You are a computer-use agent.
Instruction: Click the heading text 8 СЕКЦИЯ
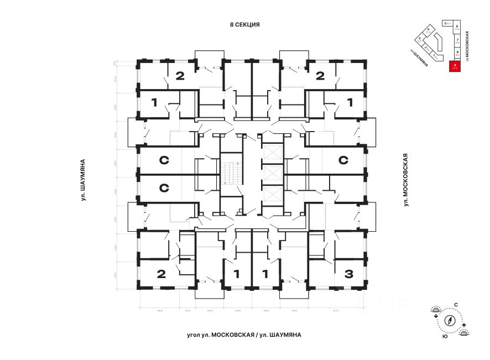pyautogui.click(x=244, y=25)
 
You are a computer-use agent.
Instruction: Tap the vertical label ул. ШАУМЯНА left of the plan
pyautogui.click(x=82, y=180)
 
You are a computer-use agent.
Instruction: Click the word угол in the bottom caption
pyautogui.click(x=195, y=335)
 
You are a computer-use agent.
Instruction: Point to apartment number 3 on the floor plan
pyautogui.click(x=348, y=273)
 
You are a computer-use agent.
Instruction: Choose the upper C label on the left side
pyautogui.click(x=164, y=161)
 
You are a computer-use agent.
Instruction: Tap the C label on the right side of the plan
pyautogui.click(x=343, y=161)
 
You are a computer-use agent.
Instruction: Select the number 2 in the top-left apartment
pyautogui.click(x=179, y=76)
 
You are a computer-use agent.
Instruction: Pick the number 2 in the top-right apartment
pyautogui.click(x=320, y=76)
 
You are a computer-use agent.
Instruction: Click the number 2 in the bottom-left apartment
pyautogui.click(x=161, y=273)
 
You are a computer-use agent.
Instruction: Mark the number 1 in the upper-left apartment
pyautogui.click(x=154, y=102)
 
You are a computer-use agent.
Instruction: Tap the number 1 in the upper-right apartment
pyautogui.click(x=350, y=102)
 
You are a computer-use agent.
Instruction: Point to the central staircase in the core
pyautogui.click(x=231, y=173)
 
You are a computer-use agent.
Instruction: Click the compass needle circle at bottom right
pyautogui.click(x=450, y=320)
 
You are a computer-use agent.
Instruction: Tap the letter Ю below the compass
pyautogui.click(x=445, y=336)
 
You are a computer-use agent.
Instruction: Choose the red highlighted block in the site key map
pyautogui.click(x=454, y=67)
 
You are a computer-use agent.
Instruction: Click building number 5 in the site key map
pyautogui.click(x=446, y=24)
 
